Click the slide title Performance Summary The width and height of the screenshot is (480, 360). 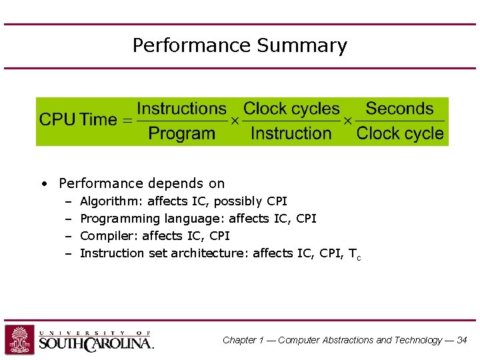coord(239,45)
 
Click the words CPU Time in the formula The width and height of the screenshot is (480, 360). coord(77,120)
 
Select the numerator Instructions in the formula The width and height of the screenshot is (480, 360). coord(181,109)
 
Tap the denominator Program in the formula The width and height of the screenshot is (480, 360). coord(181,133)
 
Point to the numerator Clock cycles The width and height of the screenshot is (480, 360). coord(291,109)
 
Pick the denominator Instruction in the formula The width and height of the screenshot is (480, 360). coord(291,133)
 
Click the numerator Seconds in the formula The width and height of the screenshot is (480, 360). coord(399,109)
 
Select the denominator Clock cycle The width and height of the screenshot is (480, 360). coord(400,133)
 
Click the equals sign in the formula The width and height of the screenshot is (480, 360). coord(126,121)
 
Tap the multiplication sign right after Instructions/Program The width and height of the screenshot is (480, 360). coord(235,121)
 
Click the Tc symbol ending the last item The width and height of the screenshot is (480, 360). coord(354,254)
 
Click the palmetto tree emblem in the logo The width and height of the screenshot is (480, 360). coord(20,339)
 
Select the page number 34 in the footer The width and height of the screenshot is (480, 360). coord(461,340)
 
